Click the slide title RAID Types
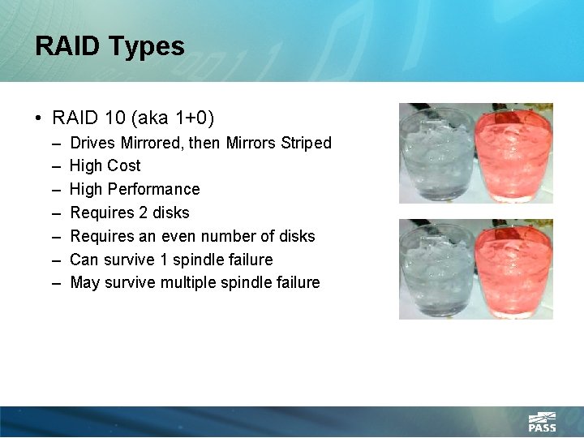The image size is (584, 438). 109,46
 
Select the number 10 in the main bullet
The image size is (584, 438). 115,118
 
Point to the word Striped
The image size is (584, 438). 306,143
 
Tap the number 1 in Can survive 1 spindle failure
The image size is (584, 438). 155,260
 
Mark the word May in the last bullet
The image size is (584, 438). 84,282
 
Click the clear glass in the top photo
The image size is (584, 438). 436,154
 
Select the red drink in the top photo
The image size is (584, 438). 513,154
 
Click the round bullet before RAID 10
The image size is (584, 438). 39,119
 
